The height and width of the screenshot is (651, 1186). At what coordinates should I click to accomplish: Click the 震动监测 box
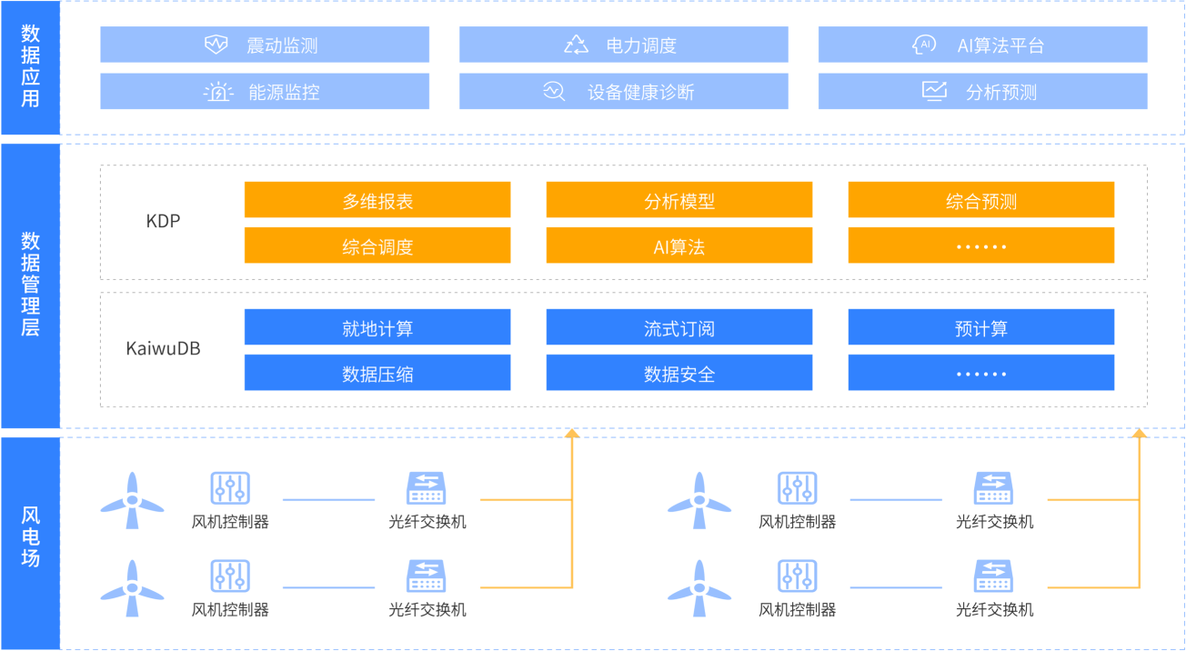click(264, 45)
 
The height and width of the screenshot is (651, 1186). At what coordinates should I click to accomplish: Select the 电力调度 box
click(623, 45)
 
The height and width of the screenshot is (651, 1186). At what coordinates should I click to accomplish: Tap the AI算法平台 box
click(982, 45)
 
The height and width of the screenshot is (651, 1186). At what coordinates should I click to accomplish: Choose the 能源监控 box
click(264, 92)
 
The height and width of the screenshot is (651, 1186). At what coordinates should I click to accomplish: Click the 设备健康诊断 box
click(623, 92)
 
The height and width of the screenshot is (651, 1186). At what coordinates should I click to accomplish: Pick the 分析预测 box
click(982, 92)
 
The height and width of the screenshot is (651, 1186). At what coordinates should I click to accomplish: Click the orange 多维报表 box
click(377, 200)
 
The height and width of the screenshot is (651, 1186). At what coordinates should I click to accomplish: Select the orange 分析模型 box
click(678, 200)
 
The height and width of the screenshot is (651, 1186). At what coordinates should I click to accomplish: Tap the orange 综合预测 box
click(980, 200)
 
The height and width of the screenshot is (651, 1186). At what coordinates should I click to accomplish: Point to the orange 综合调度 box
click(377, 245)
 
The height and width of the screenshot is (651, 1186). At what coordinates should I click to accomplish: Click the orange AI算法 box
click(678, 245)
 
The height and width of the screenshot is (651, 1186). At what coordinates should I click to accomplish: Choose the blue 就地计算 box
click(377, 327)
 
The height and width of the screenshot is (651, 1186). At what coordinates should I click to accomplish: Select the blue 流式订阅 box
click(678, 327)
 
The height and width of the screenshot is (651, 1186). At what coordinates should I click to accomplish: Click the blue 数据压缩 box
click(377, 373)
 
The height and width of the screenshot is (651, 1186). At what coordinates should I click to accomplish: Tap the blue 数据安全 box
click(678, 373)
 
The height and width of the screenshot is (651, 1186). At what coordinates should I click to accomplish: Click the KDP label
click(164, 221)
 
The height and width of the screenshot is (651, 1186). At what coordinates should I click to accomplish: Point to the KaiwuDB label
click(164, 349)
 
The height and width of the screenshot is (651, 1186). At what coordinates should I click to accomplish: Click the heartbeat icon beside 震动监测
click(216, 45)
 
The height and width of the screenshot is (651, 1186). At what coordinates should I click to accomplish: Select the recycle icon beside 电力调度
click(577, 45)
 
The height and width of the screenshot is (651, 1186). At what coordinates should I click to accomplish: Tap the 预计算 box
click(980, 327)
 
